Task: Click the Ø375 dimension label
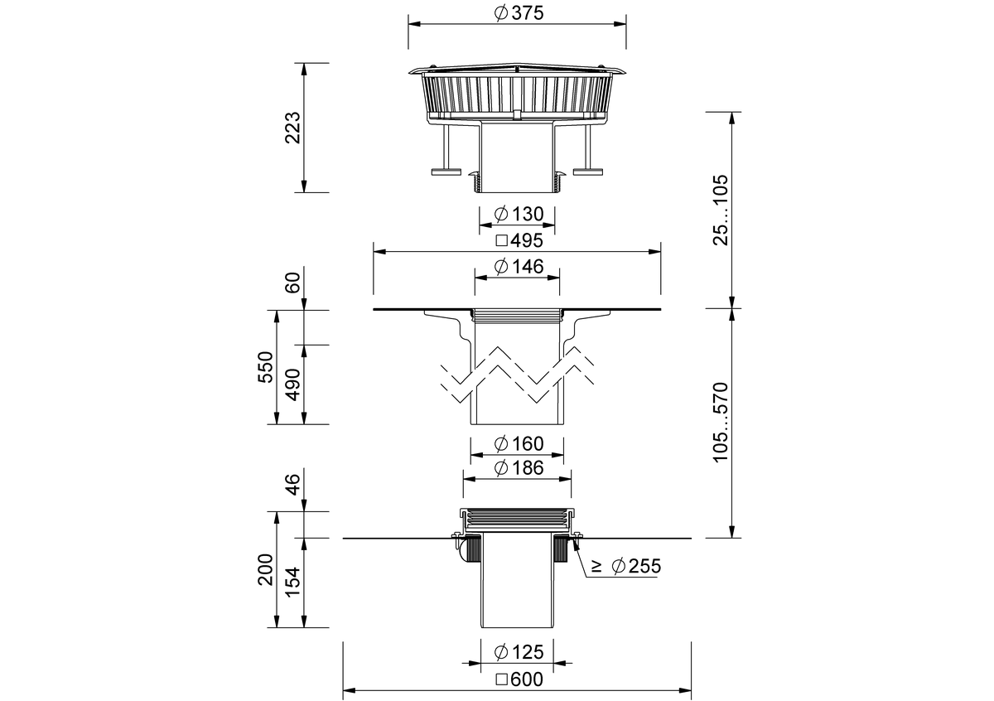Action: click(519, 13)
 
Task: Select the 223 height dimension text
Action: click(293, 128)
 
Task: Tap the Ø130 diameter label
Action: click(519, 215)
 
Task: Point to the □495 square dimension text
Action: click(519, 240)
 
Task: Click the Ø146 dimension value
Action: click(519, 267)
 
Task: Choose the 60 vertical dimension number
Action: click(293, 283)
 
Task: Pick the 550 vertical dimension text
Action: click(266, 367)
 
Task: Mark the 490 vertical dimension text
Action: click(293, 384)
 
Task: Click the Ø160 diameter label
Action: click(519, 444)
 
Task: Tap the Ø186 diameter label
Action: click(519, 468)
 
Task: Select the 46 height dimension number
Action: click(293, 485)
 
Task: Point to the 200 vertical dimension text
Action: click(266, 569)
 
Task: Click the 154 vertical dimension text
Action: click(293, 583)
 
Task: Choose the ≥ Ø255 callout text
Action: click(626, 566)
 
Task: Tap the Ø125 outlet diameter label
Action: click(519, 652)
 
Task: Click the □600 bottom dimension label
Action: click(519, 679)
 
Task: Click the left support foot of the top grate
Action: click(446, 172)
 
